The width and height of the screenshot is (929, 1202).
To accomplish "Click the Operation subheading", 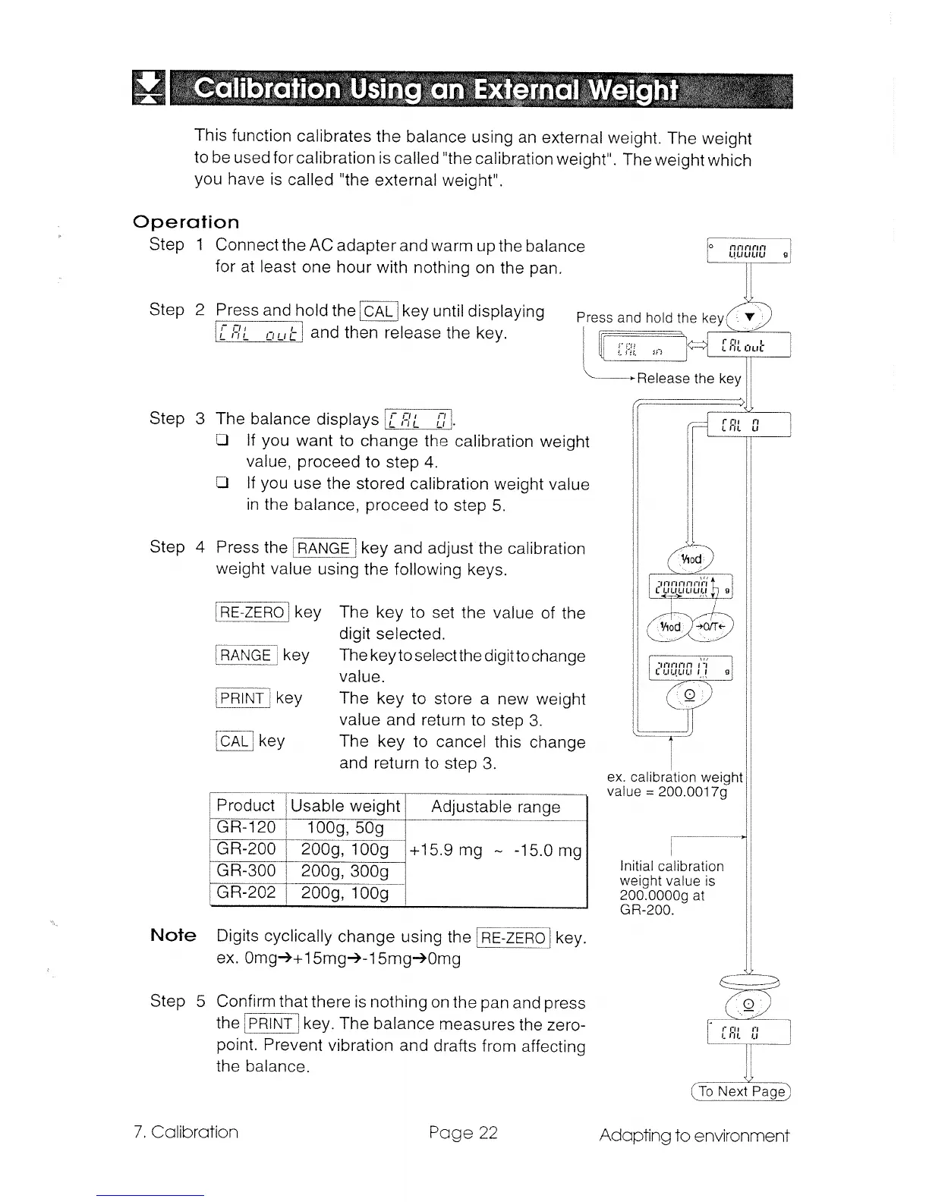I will (x=186, y=222).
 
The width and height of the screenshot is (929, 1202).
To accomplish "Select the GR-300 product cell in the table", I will (x=246, y=870).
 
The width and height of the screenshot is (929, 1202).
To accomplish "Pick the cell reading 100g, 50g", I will (x=345, y=827).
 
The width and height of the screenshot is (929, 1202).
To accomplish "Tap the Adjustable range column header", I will (x=496, y=807).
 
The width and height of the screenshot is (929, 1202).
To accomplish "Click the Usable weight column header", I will (x=345, y=806).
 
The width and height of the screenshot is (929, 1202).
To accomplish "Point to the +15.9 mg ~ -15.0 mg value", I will (x=496, y=850).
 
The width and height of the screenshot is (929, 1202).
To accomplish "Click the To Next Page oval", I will (x=742, y=1091).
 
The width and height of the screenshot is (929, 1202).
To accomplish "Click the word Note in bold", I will (x=173, y=936).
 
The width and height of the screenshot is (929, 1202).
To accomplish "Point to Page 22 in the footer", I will (x=463, y=1133).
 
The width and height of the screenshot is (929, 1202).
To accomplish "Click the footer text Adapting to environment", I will (x=694, y=1135).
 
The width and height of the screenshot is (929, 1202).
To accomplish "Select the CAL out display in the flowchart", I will (x=748, y=345).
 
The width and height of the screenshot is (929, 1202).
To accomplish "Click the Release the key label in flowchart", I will (x=688, y=379).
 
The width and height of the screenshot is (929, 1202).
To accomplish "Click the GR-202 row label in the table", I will (x=246, y=892).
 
